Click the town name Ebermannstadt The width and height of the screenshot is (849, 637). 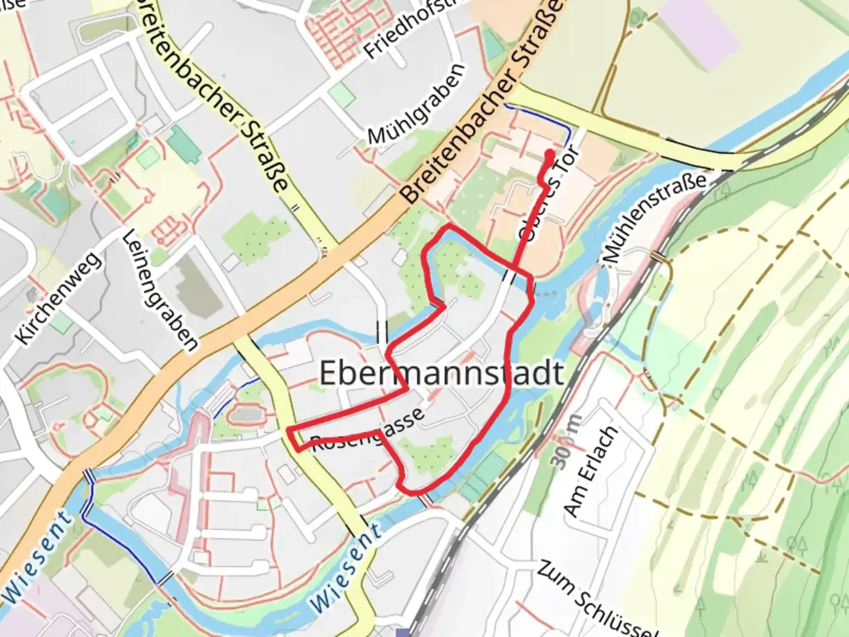click(x=441, y=373)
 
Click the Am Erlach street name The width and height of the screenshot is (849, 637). click(x=591, y=472)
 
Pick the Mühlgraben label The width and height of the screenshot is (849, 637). click(x=416, y=104)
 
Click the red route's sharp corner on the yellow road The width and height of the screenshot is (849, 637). click(x=291, y=429)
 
